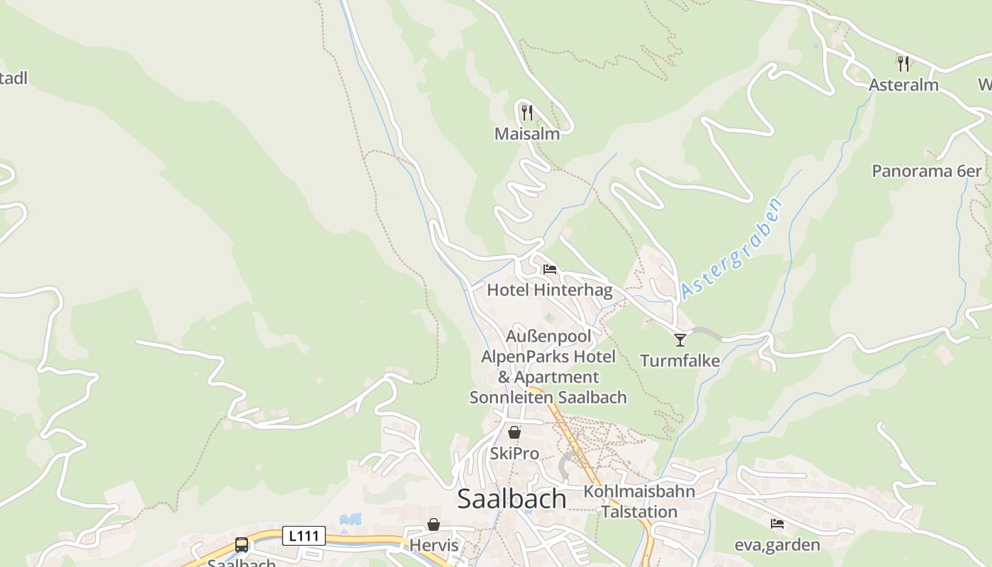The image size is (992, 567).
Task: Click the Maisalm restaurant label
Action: (x=526, y=133)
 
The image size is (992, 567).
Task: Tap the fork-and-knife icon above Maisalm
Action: (x=526, y=112)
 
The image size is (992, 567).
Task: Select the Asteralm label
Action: (x=903, y=85)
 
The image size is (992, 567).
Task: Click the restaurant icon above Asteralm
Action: (x=903, y=63)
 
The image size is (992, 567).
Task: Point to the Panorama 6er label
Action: (x=927, y=171)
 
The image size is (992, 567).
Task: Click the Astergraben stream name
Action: (x=733, y=249)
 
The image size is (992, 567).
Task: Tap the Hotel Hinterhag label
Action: (x=549, y=290)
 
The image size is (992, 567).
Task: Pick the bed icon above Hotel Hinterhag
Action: (x=549, y=269)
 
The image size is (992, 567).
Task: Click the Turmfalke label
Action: (x=680, y=361)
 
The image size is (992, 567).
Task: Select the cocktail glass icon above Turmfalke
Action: (x=680, y=340)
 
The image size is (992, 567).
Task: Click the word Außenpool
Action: (x=548, y=336)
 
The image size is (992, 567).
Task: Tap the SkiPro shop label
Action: (x=514, y=453)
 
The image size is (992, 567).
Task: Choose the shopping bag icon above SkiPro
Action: (x=514, y=432)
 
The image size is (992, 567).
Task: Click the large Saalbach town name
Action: (x=512, y=498)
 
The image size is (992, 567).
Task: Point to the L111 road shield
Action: (x=304, y=536)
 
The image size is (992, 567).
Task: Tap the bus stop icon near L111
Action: (x=242, y=545)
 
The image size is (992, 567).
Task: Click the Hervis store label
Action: (x=434, y=546)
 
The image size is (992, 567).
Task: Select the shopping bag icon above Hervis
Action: (x=434, y=524)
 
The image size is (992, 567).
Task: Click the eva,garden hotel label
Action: (x=777, y=545)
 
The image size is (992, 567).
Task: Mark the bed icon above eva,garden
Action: (x=777, y=524)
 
